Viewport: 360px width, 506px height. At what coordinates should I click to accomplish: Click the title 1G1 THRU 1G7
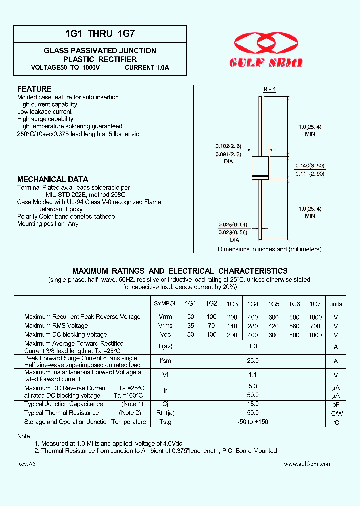click(x=100, y=34)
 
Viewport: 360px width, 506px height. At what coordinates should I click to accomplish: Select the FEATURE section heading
click(x=34, y=89)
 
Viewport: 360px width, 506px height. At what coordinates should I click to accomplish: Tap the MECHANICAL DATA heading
click(x=53, y=179)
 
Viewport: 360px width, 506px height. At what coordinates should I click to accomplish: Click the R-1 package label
click(x=270, y=89)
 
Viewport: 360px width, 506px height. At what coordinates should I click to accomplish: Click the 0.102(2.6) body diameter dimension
click(x=228, y=146)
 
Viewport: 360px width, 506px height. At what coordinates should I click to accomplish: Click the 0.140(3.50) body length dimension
click(x=310, y=165)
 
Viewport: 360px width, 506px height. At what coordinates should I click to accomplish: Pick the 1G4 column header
click(x=253, y=304)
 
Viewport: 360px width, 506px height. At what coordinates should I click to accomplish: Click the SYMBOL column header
click(x=165, y=303)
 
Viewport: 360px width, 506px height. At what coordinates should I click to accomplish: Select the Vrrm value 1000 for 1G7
click(x=315, y=317)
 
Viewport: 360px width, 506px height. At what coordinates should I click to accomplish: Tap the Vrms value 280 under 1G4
click(x=253, y=326)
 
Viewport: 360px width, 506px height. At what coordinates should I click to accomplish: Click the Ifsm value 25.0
click(x=253, y=361)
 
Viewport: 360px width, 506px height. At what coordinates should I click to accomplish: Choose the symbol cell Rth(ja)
click(x=165, y=413)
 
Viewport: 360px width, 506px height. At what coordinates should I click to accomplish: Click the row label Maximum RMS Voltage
click(x=56, y=326)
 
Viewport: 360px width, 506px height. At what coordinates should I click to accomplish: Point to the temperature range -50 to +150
click(x=253, y=422)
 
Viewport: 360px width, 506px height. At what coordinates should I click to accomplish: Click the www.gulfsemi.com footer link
click(x=307, y=464)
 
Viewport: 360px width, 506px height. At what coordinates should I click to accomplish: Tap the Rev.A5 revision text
click(x=27, y=464)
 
